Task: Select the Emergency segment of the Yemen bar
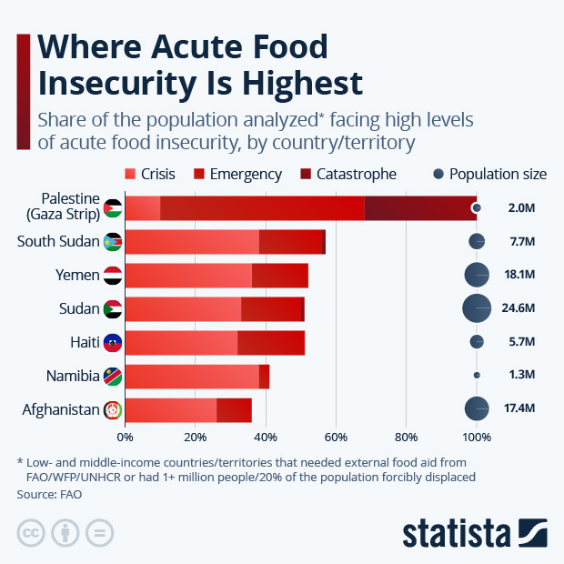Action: [280, 276]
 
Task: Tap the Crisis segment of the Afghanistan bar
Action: [170, 410]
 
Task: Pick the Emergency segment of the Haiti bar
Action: [271, 343]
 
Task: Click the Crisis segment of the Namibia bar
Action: [192, 377]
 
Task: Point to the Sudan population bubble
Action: [477, 309]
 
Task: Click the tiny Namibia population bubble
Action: [477, 375]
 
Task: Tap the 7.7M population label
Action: [521, 242]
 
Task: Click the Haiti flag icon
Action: [113, 343]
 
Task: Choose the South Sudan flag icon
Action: [113, 242]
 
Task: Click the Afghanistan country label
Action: [60, 410]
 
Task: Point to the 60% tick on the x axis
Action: [336, 437]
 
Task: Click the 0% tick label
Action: [125, 437]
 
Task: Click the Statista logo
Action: [474, 533]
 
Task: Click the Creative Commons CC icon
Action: [31, 533]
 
